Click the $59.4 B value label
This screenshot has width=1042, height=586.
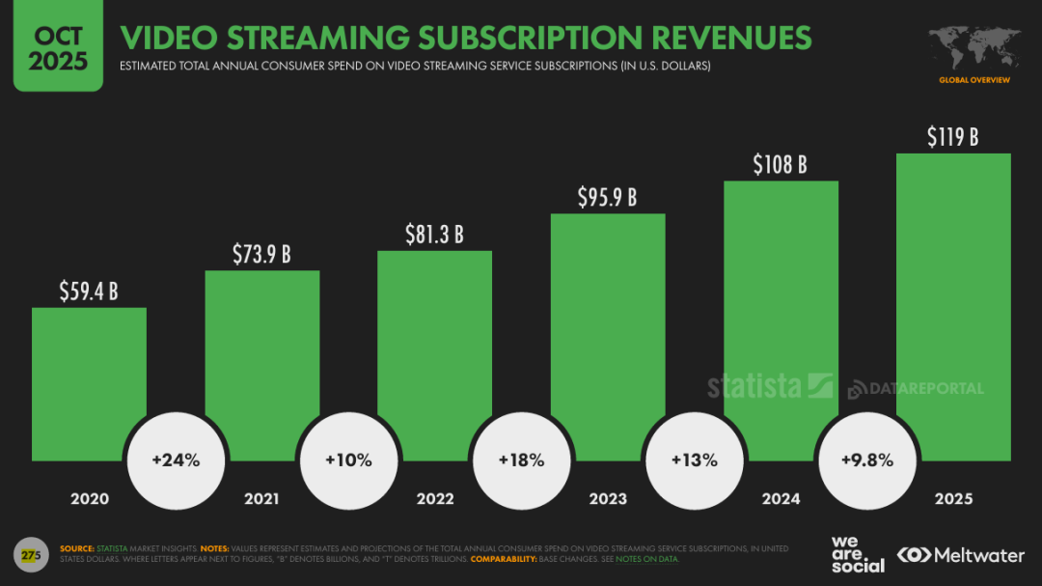(x=88, y=290)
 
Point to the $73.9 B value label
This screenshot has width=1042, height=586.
(x=261, y=254)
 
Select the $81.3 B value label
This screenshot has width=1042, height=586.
(x=434, y=234)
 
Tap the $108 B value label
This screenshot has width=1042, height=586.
(x=780, y=163)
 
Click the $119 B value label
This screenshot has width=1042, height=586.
(x=952, y=137)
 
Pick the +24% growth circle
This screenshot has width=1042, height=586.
(x=176, y=460)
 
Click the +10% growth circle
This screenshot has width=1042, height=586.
(x=348, y=460)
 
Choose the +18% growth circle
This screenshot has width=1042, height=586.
(x=521, y=460)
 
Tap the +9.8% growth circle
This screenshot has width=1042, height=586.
(x=866, y=460)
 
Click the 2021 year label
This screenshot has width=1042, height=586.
(x=261, y=499)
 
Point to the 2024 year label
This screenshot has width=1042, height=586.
(x=781, y=499)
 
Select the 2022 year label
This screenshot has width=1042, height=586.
(x=434, y=499)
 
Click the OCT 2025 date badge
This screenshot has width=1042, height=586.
(x=58, y=46)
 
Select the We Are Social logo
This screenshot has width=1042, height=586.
(x=857, y=554)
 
